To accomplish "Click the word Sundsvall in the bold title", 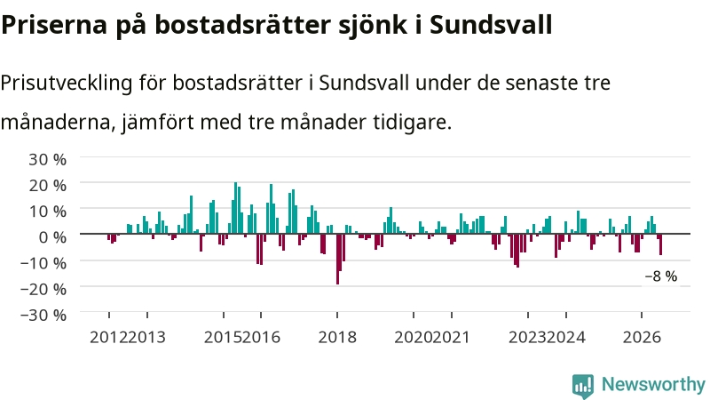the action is click(x=491, y=25).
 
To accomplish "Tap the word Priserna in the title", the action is click(x=54, y=25).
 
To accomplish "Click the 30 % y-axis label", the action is click(x=48, y=159).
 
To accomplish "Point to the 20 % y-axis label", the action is click(x=48, y=185).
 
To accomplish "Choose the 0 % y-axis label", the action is click(x=52, y=236).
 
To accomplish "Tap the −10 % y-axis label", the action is click(x=43, y=262).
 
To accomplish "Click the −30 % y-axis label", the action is click(x=43, y=315).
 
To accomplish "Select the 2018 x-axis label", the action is click(x=337, y=338).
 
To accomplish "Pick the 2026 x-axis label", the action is click(x=642, y=338).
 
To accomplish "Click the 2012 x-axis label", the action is click(x=108, y=338).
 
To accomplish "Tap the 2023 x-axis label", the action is click(x=528, y=338).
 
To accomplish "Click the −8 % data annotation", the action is click(x=661, y=276).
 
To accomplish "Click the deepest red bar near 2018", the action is click(x=338, y=259).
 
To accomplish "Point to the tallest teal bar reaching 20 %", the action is click(x=235, y=208).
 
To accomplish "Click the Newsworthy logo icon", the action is click(x=583, y=387).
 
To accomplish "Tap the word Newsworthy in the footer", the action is click(x=653, y=385).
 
